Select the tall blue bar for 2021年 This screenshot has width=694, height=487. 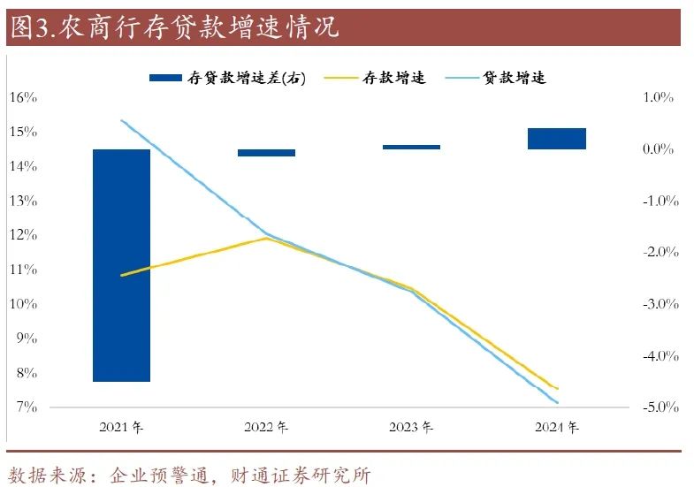click(122, 265)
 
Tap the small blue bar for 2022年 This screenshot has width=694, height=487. click(267, 153)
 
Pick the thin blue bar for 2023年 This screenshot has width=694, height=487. click(412, 147)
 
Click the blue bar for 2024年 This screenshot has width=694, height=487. click(557, 139)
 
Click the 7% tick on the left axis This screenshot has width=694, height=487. click(26, 407)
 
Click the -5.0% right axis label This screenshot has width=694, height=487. click(657, 407)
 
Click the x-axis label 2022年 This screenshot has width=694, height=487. click(267, 429)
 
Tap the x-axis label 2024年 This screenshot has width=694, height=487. click(557, 429)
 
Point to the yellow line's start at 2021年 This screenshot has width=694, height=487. click(122, 275)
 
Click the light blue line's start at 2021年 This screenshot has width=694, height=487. click(122, 120)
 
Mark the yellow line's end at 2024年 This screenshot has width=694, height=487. click(557, 388)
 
